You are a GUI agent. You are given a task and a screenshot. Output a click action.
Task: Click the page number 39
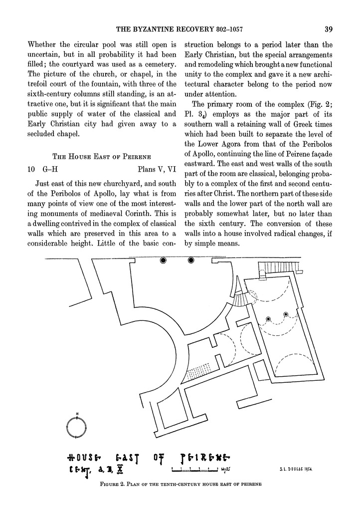328,28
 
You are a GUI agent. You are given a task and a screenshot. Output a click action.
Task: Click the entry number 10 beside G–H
31,169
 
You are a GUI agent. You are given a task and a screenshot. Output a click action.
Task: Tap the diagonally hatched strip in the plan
199,372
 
